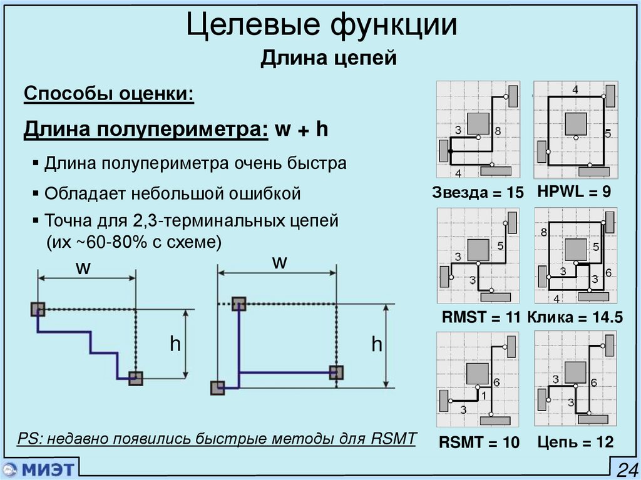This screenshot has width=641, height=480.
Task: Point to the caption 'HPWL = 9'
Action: tap(574, 192)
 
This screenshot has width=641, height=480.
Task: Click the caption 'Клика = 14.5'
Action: tap(575, 318)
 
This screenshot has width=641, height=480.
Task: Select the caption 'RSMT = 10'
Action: tap(479, 443)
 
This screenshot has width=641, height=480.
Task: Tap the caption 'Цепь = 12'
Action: tap(575, 442)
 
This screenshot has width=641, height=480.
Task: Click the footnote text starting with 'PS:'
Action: tap(216, 439)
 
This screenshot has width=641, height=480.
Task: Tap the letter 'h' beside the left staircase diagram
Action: tap(175, 344)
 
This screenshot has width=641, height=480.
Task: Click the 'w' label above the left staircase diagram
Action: tap(84, 267)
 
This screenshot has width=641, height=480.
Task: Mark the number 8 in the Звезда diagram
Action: tap(497, 131)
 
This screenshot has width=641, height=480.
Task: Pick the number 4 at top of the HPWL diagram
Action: tap(575, 90)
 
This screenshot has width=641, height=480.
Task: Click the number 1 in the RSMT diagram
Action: tap(482, 396)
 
